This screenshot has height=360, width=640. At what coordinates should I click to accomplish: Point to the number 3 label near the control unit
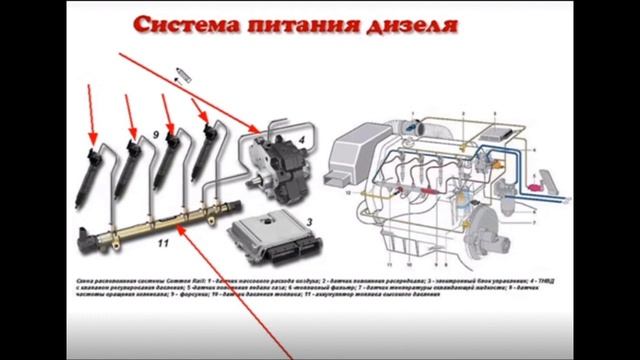tap(283, 222)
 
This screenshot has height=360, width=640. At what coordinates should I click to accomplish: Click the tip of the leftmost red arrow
tap(92, 139)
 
